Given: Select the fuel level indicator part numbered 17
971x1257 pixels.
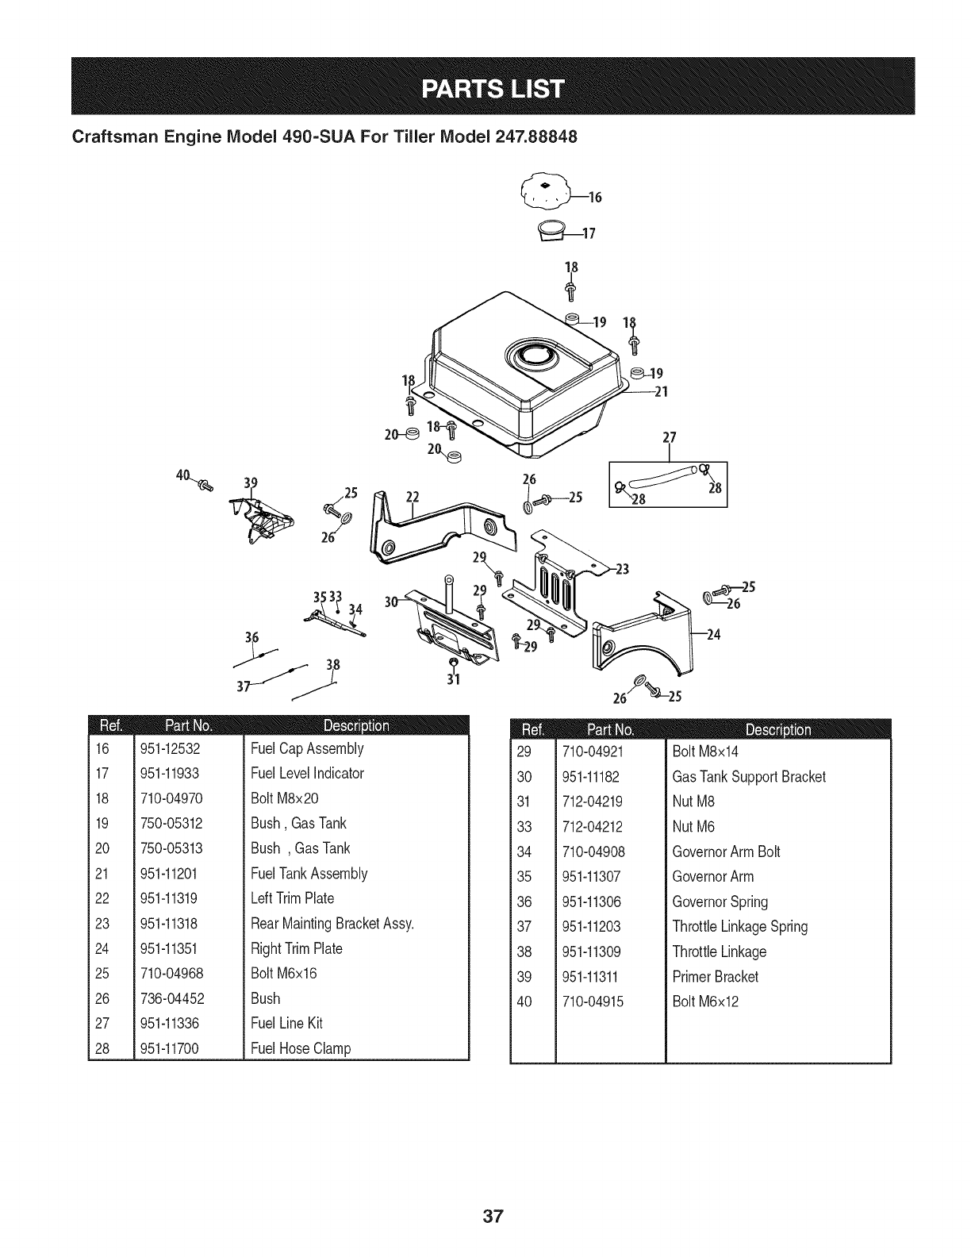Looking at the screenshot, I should [x=552, y=230].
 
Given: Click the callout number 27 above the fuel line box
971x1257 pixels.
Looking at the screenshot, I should [x=669, y=439].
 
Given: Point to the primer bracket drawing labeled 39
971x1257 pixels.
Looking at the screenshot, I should [x=260, y=521].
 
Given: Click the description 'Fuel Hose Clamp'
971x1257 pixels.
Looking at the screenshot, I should [x=301, y=1048].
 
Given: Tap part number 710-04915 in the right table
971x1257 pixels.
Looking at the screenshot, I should [x=593, y=1001].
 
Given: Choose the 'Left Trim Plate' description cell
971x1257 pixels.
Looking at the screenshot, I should [x=292, y=898].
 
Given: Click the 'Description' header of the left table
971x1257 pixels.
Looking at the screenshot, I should [x=356, y=725].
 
